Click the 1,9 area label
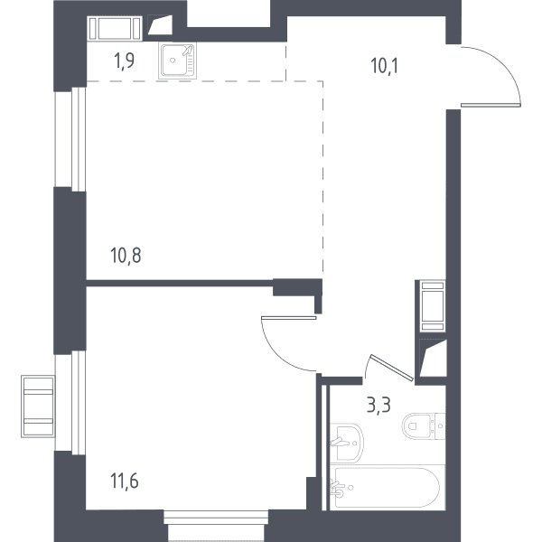(x=124, y=61)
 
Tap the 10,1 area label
(x=385, y=66)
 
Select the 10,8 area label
(x=126, y=256)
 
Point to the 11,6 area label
(x=125, y=481)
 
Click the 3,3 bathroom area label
(x=378, y=405)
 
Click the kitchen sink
(x=178, y=61)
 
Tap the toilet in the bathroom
(x=424, y=426)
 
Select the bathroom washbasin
(x=346, y=443)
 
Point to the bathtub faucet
(x=337, y=488)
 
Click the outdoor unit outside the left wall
(x=38, y=406)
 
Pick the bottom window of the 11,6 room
(x=216, y=526)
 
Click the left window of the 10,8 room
(x=70, y=138)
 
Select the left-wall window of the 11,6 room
(x=70, y=402)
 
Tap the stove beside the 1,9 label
(x=115, y=28)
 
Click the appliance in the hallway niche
(x=433, y=306)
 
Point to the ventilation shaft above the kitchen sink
(x=160, y=25)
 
